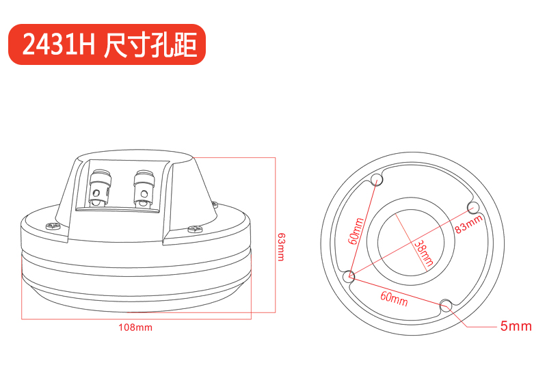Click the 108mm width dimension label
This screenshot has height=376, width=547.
tap(135, 327)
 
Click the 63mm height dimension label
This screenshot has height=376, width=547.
tap(280, 247)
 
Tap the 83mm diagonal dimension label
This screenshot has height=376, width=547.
tap(469, 224)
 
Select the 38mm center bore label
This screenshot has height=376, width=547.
tap(424, 254)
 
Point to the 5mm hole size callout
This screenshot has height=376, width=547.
tap(516, 326)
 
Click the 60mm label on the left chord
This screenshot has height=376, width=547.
tap(356, 231)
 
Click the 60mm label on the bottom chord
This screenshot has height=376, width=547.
tap(395, 299)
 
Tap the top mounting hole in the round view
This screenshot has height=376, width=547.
tap(377, 180)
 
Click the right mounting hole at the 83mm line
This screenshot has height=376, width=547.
tap(472, 207)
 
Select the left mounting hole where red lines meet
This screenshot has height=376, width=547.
tap(349, 277)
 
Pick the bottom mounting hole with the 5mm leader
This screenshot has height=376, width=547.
tap(446, 305)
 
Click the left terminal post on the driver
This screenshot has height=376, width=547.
tap(101, 188)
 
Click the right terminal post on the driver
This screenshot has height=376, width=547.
tap(144, 189)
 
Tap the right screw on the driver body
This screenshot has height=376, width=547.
tap(195, 229)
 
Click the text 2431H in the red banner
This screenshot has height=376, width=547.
tap(59, 44)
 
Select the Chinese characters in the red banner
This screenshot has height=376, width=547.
tap(150, 44)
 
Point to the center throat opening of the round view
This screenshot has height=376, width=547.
tap(411, 243)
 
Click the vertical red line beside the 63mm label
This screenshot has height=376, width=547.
tap(276, 234)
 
